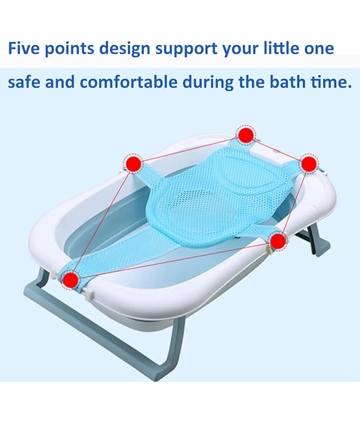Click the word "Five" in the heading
click(25, 49)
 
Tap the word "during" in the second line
click(208, 83)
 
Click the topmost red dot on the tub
click(245, 135)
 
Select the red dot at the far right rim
click(309, 163)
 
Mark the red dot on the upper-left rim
click(134, 163)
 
